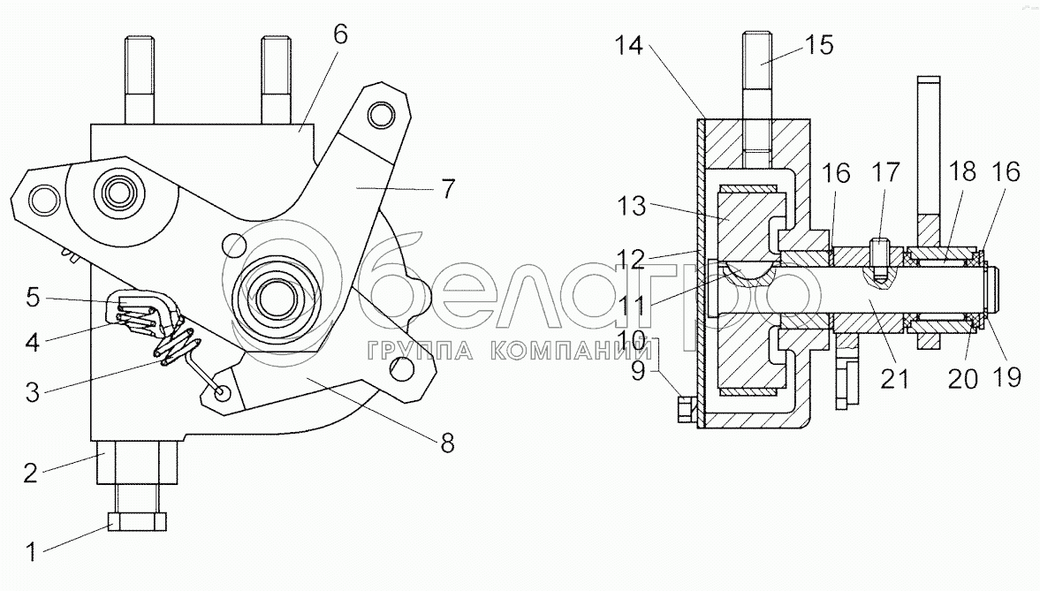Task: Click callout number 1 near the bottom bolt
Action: coord(32,555)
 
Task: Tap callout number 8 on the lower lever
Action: coord(448,443)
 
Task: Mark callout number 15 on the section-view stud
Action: coord(820,44)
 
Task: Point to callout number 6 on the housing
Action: coord(340,35)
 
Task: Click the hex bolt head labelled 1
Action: coord(137,521)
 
